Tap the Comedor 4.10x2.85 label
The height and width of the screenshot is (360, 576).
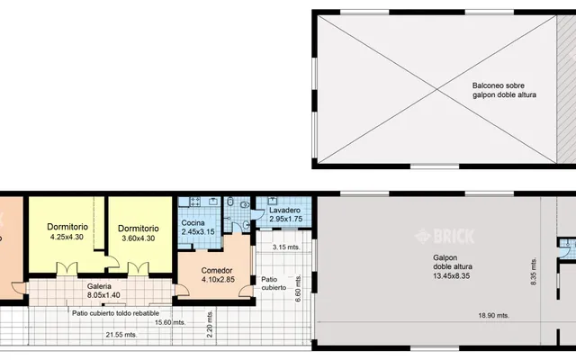218,274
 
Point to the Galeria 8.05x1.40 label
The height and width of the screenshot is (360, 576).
103,291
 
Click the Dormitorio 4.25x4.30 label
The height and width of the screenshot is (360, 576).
67,231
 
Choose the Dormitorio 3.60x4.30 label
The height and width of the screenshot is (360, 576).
138,233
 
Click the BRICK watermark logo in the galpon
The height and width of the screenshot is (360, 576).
445,236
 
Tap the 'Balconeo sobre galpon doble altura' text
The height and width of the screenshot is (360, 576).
504,90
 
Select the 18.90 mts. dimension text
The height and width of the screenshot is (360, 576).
494,315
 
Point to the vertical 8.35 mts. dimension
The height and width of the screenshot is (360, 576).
534,271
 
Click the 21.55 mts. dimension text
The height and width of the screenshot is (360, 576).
121,335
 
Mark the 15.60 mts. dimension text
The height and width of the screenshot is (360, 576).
170,322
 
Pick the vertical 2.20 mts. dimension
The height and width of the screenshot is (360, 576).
210,324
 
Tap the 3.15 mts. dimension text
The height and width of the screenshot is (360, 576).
286,247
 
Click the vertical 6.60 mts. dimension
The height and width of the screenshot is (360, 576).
298,289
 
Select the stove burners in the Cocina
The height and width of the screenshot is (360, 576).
195,201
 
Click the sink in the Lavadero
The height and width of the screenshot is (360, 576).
272,201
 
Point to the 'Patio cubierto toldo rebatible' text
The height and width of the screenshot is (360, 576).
116,313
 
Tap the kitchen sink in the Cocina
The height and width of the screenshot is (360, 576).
213,201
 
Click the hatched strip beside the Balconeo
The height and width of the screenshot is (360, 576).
566,89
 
